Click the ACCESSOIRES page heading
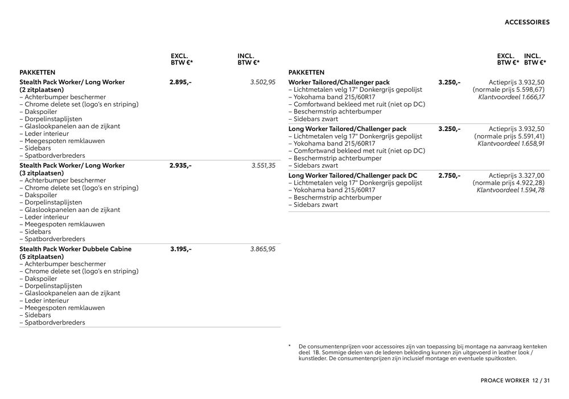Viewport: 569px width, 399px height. click(x=527, y=23)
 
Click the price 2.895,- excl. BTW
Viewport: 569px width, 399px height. click(x=180, y=82)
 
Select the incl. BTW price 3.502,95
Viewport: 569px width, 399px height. click(x=263, y=82)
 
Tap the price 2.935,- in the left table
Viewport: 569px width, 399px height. click(x=180, y=165)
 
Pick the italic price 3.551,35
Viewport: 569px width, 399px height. click(x=263, y=165)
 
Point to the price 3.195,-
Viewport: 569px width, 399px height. click(x=181, y=249)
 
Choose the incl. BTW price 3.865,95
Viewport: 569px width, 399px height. click(x=263, y=249)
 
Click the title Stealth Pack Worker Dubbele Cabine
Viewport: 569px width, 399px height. click(x=76, y=249)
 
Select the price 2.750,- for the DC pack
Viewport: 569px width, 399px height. click(x=450, y=176)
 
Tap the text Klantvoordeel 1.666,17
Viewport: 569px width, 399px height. click(x=512, y=97)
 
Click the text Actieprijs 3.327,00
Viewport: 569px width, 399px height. click(x=517, y=176)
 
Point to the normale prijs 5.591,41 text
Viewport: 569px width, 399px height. click(x=509, y=136)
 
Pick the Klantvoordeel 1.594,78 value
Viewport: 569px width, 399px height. click(x=510, y=190)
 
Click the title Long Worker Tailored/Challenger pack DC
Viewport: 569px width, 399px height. click(x=353, y=176)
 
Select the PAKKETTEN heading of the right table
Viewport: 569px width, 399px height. click(x=307, y=72)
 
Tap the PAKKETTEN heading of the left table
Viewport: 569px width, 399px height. click(x=38, y=72)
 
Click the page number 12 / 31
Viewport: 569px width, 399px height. click(x=541, y=381)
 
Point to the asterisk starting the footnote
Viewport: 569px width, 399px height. click(x=290, y=346)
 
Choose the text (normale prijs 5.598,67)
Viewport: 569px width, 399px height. click(x=509, y=89)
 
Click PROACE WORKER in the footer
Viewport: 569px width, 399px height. click(x=504, y=381)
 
